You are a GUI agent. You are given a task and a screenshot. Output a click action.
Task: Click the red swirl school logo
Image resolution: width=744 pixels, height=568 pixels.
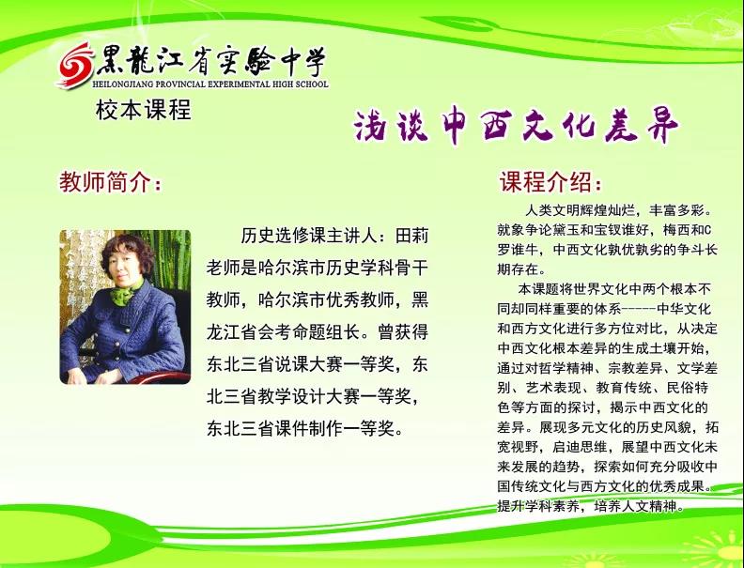(76, 65)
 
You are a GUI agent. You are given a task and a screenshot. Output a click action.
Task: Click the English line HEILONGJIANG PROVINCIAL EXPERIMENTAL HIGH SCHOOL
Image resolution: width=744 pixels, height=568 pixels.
(210, 84)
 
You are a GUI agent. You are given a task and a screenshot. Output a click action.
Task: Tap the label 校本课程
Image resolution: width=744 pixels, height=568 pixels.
(144, 110)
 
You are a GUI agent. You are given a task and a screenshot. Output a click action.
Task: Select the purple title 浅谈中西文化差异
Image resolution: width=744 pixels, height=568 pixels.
(517, 126)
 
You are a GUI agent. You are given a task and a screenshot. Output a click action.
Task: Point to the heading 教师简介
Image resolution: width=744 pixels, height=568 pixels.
(110, 182)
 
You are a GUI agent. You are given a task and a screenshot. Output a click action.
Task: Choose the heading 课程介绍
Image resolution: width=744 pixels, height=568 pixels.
(550, 181)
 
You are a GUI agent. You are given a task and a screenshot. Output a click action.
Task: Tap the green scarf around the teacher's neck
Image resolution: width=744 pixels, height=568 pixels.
(125, 293)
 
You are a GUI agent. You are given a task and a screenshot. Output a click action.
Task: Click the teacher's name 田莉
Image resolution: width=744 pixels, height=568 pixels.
(411, 235)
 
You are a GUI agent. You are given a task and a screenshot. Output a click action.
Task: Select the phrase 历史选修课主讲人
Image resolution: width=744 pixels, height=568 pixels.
(309, 235)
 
